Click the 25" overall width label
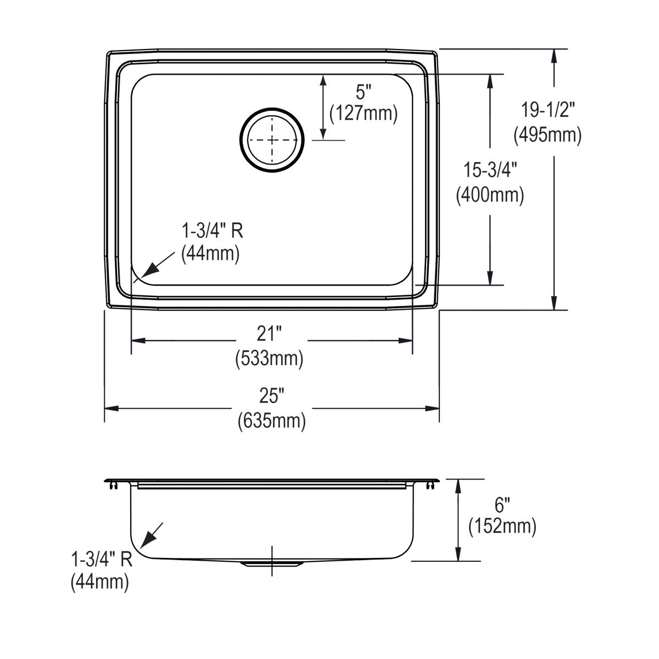[272, 394]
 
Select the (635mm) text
[272, 421]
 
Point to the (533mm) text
[269, 359]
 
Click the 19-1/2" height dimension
[548, 110]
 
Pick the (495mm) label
[548, 135]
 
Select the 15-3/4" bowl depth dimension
[489, 170]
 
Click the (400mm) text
[489, 195]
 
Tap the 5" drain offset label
[362, 89]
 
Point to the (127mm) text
[362, 113]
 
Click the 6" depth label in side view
[502, 502]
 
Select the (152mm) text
[502, 527]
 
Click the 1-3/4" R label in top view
[212, 230]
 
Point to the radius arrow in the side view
[151, 535]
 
